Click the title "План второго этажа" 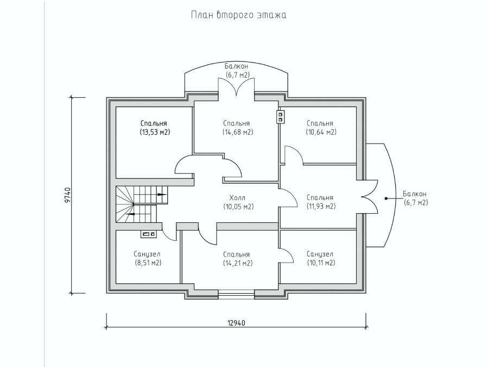click(x=238, y=15)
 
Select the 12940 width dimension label click(x=236, y=322)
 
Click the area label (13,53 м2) click(x=153, y=132)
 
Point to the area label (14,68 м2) click(x=238, y=132)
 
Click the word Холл click(x=238, y=197)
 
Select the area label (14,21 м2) click(x=238, y=263)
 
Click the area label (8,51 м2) click(x=147, y=263)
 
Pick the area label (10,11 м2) click(x=320, y=263)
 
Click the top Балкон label click(x=237, y=66)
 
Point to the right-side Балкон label click(x=415, y=194)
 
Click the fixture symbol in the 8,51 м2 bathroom click(x=148, y=234)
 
